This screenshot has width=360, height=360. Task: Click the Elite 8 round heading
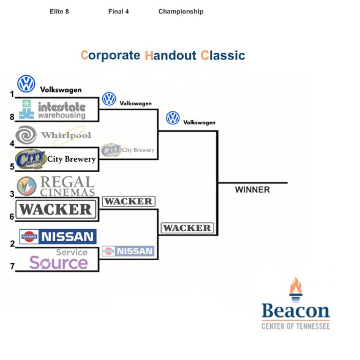59,12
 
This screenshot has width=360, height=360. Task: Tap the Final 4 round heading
119,12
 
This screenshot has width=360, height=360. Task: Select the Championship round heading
181,12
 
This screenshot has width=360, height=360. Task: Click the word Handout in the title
170,56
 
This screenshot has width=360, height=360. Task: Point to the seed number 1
12,94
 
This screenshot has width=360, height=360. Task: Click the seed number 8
12,117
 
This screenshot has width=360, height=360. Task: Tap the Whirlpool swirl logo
26,135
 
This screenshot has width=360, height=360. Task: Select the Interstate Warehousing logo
52,109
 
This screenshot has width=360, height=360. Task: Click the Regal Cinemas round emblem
27,186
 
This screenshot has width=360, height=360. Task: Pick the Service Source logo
59,259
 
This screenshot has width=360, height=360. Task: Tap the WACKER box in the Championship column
187,228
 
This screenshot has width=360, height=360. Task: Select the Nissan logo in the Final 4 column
128,251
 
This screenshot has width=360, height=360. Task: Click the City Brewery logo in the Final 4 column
127,150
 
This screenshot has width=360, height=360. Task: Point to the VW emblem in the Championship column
173,118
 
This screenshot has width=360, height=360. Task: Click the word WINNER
252,190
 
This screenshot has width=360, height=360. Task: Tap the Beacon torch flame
296,285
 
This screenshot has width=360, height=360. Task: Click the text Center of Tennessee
296,326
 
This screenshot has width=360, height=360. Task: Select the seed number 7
12,266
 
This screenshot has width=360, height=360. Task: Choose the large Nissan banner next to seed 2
58,236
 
